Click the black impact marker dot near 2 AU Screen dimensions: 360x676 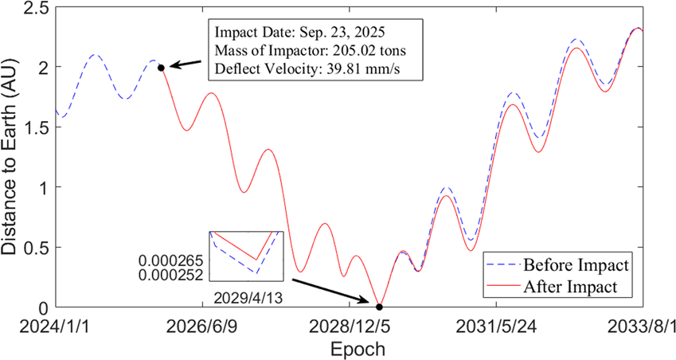pyautogui.click(x=161, y=68)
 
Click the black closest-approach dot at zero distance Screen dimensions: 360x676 pyautogui.click(x=379, y=307)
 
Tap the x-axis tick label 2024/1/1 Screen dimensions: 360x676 pyautogui.click(x=56, y=327)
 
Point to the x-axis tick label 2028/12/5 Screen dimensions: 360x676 pyautogui.click(x=349, y=327)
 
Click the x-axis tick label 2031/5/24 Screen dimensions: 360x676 pyautogui.click(x=495, y=327)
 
